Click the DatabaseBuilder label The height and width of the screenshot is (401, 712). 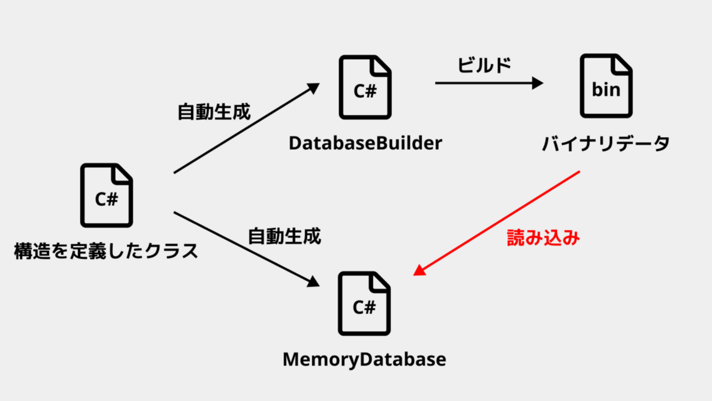click(365, 143)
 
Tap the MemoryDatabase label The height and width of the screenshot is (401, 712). click(364, 360)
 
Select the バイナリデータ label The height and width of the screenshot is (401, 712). click(606, 144)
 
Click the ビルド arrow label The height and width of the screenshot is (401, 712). click(484, 65)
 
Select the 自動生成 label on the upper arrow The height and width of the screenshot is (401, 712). click(214, 112)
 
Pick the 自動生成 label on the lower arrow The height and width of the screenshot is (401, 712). click(284, 236)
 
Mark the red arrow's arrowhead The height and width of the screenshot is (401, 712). click(418, 269)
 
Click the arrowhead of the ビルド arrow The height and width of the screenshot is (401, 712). click(537, 83)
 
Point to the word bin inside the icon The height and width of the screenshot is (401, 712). click(606, 89)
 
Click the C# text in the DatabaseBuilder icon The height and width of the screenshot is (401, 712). click(365, 91)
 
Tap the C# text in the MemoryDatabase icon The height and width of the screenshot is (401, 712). click(364, 308)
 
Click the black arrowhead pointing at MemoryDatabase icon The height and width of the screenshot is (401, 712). click(313, 282)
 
